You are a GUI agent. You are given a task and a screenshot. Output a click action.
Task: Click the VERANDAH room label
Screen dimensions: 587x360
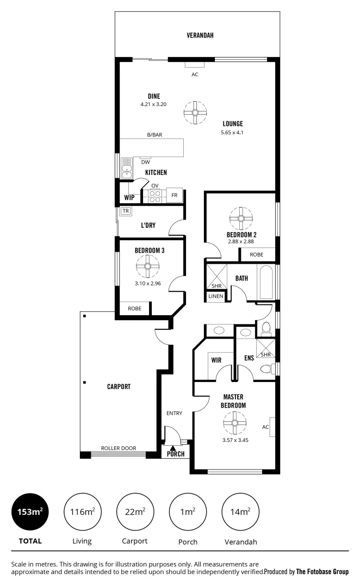[x=200, y=35]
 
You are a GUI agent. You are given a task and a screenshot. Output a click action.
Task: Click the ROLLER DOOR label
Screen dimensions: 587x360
[x=119, y=449]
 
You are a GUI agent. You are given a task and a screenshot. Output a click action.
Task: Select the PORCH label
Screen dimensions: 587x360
[x=176, y=454]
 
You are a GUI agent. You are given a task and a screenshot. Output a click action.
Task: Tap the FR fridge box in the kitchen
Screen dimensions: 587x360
[x=175, y=195]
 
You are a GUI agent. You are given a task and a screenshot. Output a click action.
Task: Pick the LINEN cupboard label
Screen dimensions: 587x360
[x=215, y=297]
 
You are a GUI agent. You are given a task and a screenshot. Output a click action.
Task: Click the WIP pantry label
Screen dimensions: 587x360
[x=129, y=197]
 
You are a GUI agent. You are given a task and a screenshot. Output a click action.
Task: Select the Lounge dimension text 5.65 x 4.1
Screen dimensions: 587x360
[x=232, y=132]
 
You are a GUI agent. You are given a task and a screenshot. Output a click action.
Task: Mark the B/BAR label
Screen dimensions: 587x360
[x=155, y=134]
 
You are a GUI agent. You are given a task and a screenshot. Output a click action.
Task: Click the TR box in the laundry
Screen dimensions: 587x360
[x=126, y=211]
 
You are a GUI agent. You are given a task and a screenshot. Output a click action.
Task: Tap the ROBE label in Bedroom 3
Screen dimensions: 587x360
[x=134, y=308]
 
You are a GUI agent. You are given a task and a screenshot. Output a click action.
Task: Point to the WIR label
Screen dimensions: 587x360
[x=215, y=360]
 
